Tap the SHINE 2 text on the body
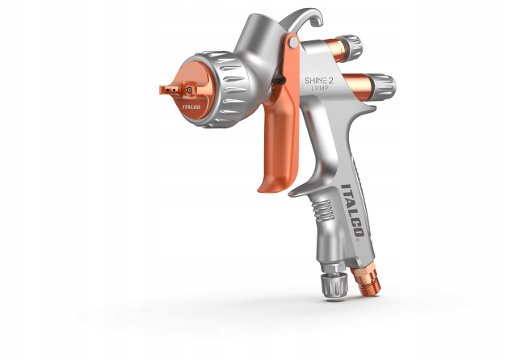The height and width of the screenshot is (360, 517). click(x=318, y=81)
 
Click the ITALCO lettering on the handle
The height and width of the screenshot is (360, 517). click(x=352, y=211)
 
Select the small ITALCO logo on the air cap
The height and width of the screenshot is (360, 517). click(x=191, y=107)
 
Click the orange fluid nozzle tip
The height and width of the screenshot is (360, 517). click(x=169, y=89)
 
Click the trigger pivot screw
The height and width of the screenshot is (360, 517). click(x=292, y=42)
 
